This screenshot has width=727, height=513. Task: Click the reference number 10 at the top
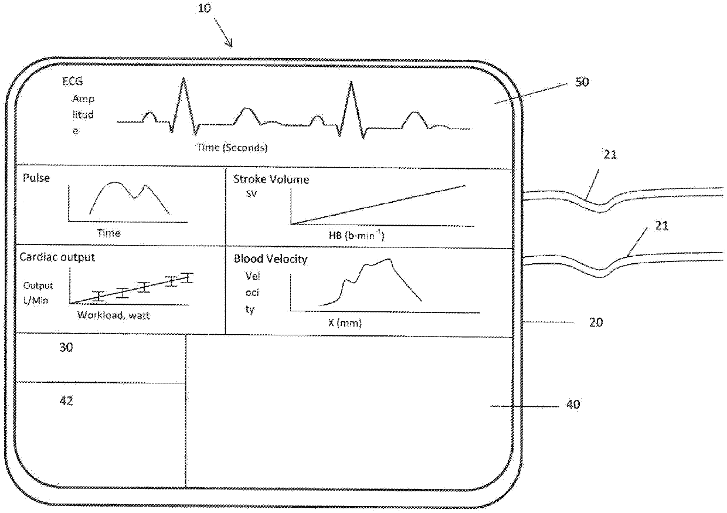tap(204, 8)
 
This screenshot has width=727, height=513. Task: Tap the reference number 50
tap(582, 82)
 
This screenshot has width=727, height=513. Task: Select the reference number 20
tap(596, 322)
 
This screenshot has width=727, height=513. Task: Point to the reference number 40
tap(573, 405)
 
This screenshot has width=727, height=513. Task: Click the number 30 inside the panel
tap(66, 348)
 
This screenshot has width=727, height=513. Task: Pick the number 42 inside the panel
tap(66, 401)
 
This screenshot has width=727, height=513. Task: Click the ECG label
tap(73, 81)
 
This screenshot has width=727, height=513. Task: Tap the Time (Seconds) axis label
tap(232, 148)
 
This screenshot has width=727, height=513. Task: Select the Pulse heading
tap(36, 178)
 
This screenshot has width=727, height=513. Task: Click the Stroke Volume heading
tap(271, 179)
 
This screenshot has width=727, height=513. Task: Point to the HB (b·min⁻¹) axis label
tap(356, 235)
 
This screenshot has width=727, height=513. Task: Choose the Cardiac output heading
tap(57, 257)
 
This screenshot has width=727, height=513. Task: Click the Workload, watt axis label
tap(114, 315)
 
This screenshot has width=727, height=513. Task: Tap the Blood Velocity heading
tap(270, 259)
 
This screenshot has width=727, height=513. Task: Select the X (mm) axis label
tap(345, 323)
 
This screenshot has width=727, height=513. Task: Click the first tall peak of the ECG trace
tap(184, 78)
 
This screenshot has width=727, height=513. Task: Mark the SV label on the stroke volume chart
tap(252, 194)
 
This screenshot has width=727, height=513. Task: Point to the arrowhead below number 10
tap(230, 45)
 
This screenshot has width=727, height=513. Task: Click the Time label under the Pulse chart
tap(108, 233)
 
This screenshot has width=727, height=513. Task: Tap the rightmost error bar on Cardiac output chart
tap(187, 278)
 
